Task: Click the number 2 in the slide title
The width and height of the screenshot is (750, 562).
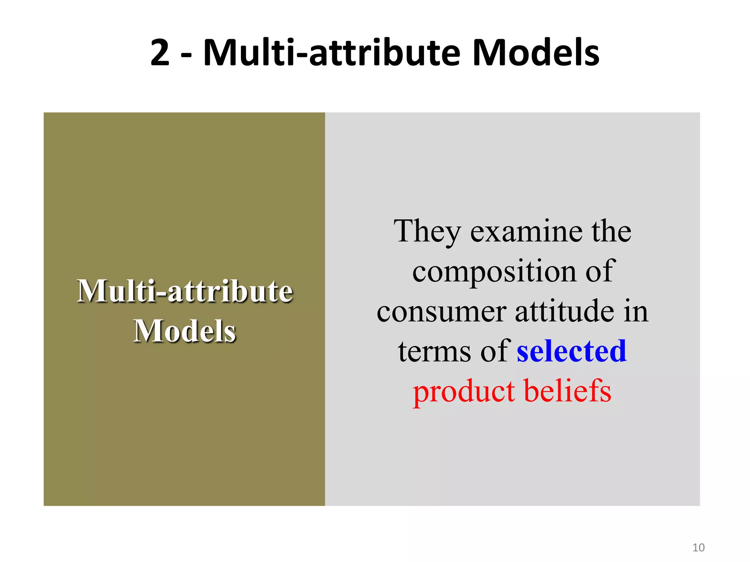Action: [160, 53]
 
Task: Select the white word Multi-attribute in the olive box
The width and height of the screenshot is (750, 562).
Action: [185, 291]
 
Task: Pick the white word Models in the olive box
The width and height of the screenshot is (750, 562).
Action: [185, 331]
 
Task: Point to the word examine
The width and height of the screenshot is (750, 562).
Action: [527, 232]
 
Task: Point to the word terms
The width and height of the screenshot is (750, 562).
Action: [434, 351]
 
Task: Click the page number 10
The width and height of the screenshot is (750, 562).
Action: [698, 548]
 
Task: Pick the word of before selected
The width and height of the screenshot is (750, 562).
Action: [494, 351]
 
